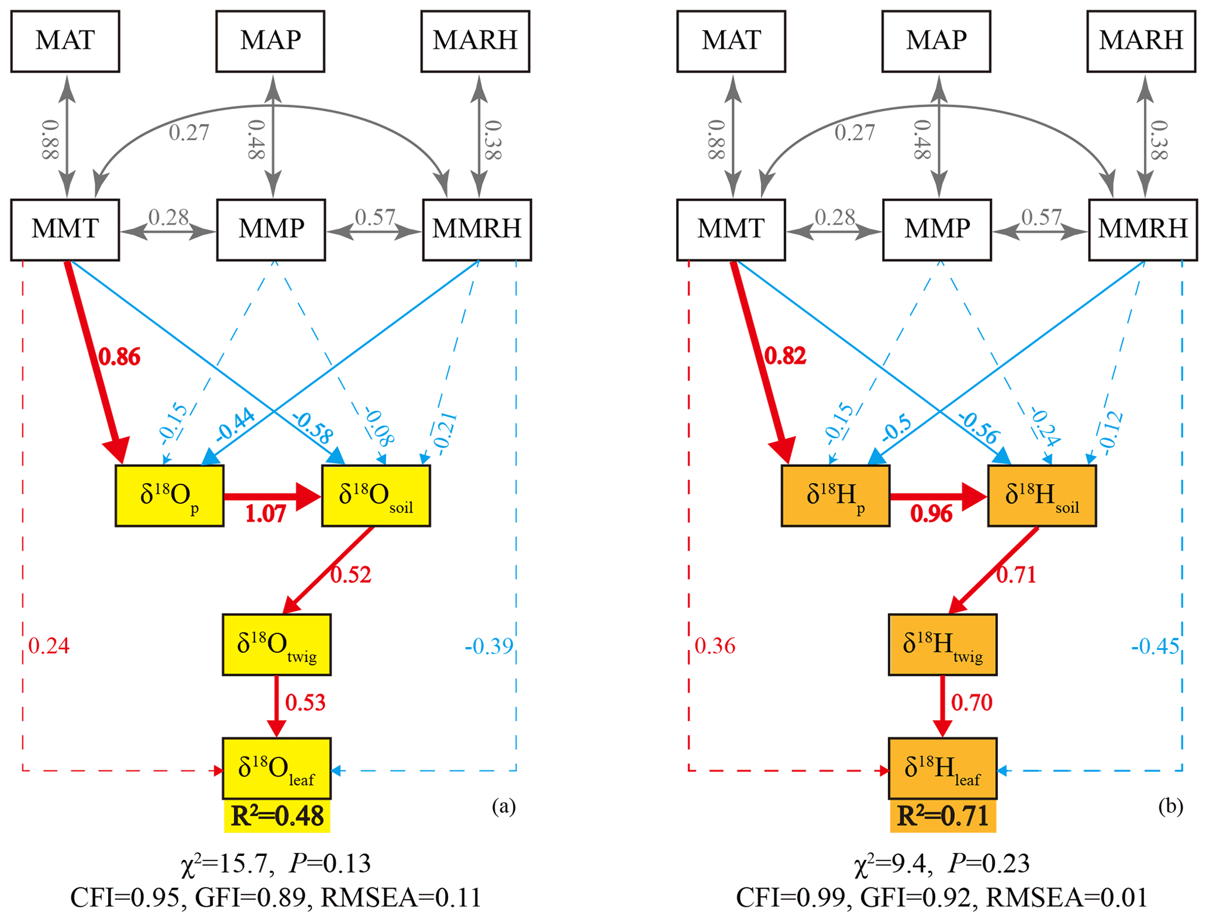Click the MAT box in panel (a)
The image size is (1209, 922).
(x=65, y=41)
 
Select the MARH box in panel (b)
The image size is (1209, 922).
(x=1141, y=41)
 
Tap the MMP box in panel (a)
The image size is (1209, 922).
(x=271, y=229)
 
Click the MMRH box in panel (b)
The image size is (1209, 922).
(x=1142, y=229)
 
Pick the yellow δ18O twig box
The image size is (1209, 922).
(x=277, y=645)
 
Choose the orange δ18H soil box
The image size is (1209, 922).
(x=1042, y=496)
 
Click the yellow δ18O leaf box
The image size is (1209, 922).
(x=277, y=768)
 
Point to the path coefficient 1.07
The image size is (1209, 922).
(x=266, y=514)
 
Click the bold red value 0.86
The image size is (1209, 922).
(x=119, y=356)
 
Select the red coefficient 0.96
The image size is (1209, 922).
(x=931, y=514)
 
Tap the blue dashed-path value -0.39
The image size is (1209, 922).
(x=489, y=646)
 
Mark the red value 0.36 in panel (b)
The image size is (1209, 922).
(x=715, y=646)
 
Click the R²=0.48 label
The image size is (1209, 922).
(x=277, y=816)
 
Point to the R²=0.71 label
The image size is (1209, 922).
(x=943, y=816)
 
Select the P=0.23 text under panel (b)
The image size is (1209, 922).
(x=989, y=863)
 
